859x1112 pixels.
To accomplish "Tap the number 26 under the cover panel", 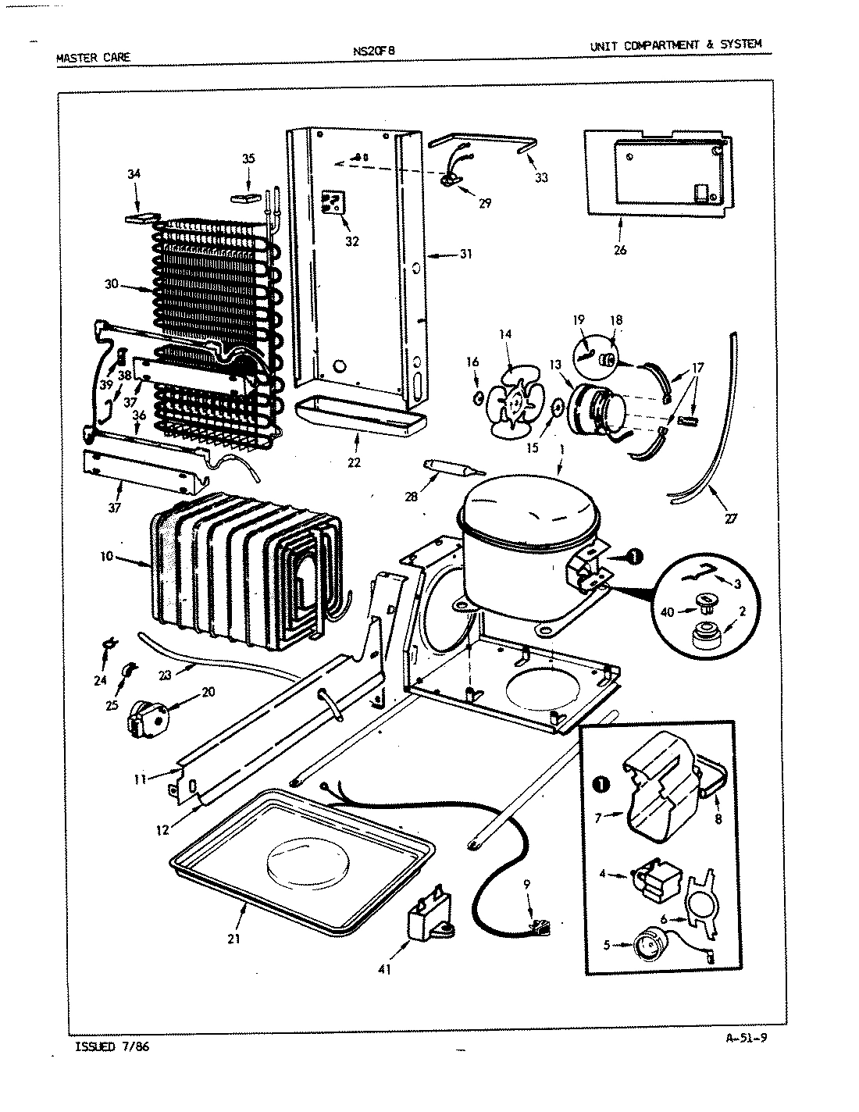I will click(x=620, y=250).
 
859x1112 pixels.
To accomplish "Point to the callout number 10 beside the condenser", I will click(x=107, y=557).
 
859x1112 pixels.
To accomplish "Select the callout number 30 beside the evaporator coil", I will click(x=111, y=284).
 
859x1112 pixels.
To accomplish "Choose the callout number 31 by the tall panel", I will click(x=466, y=254).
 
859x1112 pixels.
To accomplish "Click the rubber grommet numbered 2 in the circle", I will click(x=707, y=636).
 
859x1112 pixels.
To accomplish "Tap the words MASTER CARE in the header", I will click(x=93, y=57).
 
